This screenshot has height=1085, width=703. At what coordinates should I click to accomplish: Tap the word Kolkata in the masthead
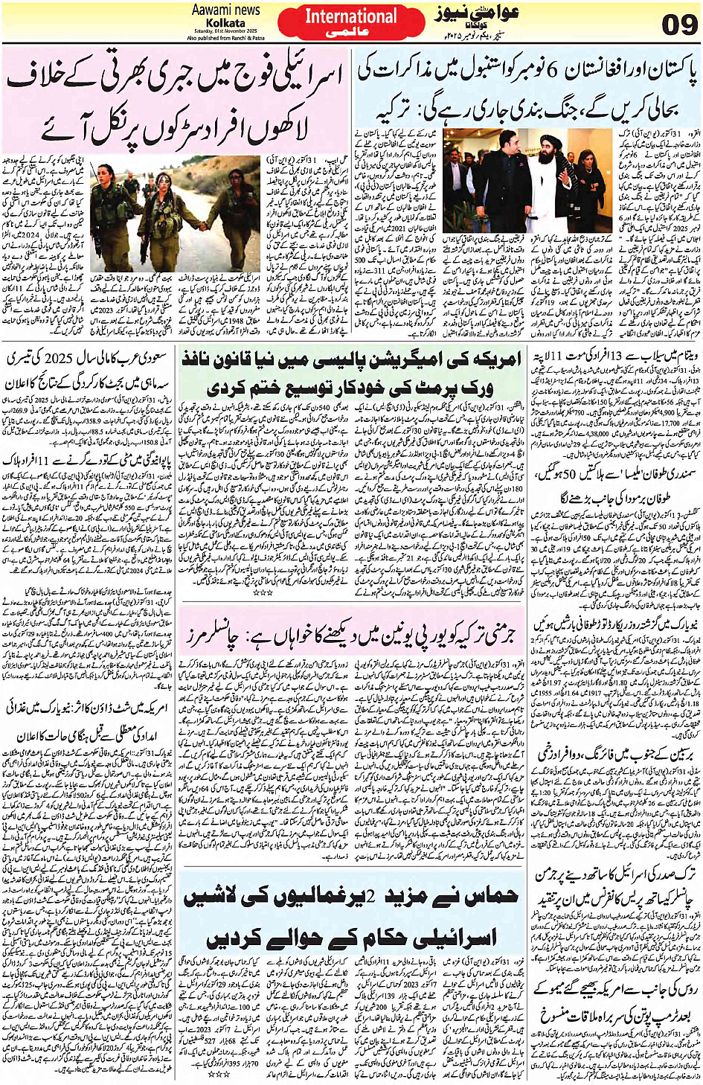tap(225, 23)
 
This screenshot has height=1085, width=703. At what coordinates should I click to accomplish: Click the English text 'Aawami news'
tap(225, 10)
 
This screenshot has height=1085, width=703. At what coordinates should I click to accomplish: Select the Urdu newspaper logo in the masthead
tap(468, 17)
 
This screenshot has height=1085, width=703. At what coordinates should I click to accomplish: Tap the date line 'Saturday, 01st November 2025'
tap(225, 32)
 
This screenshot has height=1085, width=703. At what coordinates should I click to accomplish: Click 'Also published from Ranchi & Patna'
tap(225, 38)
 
